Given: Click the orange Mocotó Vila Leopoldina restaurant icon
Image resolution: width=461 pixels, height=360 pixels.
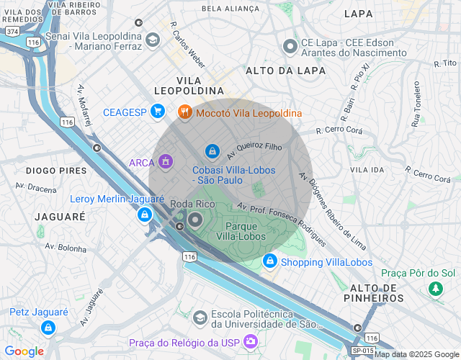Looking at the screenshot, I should pos(184,112).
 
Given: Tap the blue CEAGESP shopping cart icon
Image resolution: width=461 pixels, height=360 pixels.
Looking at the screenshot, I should pos(159,112).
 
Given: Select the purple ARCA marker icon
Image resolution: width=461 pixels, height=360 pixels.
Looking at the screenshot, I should pos(166,162).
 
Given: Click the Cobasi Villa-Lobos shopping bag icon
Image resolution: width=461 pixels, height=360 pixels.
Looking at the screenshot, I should pos(212,150).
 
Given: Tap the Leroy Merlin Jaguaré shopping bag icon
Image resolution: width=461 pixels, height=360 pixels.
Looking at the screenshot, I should pos(146,214).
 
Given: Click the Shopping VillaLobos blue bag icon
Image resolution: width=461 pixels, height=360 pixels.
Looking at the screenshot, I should pos(270,261).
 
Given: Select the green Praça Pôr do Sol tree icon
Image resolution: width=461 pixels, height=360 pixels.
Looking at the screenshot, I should pos(435,289).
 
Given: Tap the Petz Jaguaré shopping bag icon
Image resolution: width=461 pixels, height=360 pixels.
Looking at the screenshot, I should pos(48,328).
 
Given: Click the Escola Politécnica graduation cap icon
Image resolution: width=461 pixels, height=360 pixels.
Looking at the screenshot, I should pos(200,317).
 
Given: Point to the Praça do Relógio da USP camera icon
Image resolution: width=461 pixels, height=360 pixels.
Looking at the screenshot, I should pos(250,343).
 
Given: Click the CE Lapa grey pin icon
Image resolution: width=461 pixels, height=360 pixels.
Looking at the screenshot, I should pos(290,47).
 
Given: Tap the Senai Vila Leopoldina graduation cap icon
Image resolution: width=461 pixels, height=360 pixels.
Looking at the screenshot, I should pos(152,40).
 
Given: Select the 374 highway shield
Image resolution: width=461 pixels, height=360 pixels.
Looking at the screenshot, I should pos(11,32).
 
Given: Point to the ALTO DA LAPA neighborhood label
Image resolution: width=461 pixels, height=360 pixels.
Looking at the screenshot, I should pos(286,71).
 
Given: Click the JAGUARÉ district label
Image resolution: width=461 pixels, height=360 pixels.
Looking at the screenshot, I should pos(60,216).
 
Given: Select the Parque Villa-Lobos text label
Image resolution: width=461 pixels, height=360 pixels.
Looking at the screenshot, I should pos(242,232).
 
